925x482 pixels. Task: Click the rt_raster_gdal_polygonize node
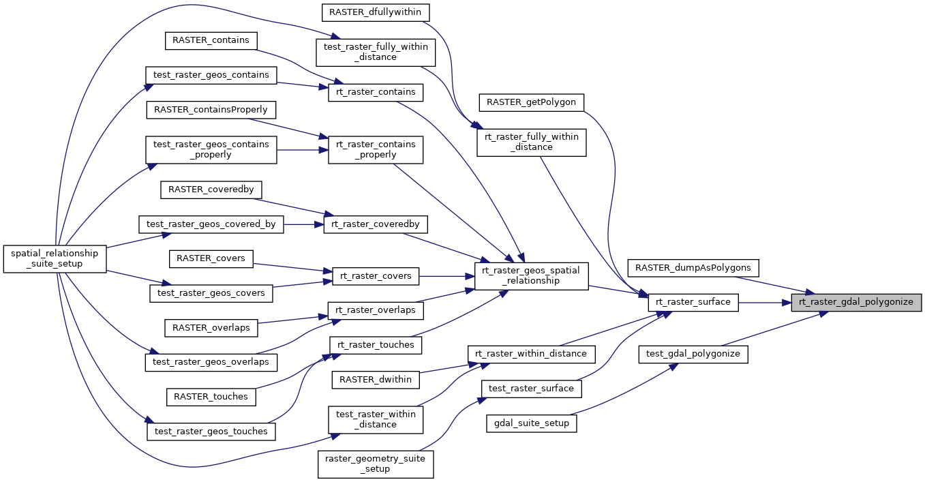pyautogui.click(x=856, y=301)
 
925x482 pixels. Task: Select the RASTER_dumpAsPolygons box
pyautogui.click(x=693, y=267)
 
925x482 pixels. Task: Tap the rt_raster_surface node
pyautogui.click(x=693, y=301)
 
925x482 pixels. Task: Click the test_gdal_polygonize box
pyautogui.click(x=693, y=355)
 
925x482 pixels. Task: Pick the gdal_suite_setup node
pyautogui.click(x=532, y=423)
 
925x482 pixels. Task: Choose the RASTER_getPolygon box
pyautogui.click(x=532, y=102)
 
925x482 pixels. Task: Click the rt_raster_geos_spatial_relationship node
pyautogui.click(x=531, y=275)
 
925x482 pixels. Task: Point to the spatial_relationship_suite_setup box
pyautogui.click(x=55, y=258)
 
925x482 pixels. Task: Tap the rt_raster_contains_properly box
pyautogui.click(x=376, y=149)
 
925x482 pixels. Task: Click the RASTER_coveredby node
pyautogui.click(x=211, y=190)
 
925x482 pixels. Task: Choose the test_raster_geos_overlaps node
pyautogui.click(x=211, y=362)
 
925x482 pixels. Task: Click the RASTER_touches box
pyautogui.click(x=211, y=396)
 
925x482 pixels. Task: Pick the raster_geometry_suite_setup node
pyautogui.click(x=376, y=464)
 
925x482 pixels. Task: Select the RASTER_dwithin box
pyautogui.click(x=376, y=379)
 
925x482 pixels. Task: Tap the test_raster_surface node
pyautogui.click(x=532, y=389)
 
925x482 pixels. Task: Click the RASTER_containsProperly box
pyautogui.click(x=211, y=109)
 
